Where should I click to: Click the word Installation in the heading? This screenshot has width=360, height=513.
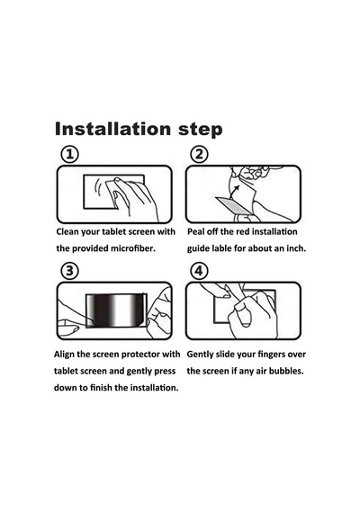112,129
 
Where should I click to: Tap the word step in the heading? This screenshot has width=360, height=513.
201,130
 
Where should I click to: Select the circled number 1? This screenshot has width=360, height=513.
70,155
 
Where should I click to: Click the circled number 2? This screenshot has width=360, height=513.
199,155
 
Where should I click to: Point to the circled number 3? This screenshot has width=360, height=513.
70,271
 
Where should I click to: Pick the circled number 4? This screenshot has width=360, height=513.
199,271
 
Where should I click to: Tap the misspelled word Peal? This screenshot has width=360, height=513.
195,231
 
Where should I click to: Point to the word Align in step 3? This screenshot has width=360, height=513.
64,355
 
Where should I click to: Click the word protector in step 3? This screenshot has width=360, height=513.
141,355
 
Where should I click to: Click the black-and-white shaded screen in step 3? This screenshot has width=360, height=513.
116,310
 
